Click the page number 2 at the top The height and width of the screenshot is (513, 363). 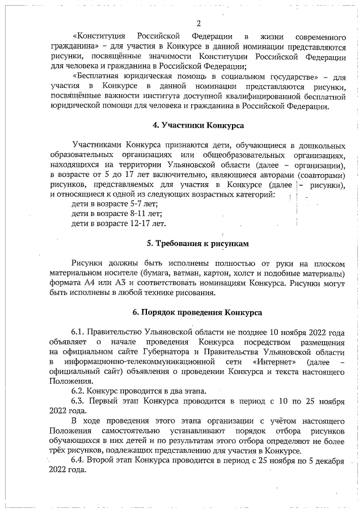[x=199, y=24]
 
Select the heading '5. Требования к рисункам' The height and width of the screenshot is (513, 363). [x=198, y=244]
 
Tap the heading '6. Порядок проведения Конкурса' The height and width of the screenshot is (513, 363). [x=197, y=312]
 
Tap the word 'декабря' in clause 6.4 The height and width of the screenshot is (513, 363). [x=330, y=460]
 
